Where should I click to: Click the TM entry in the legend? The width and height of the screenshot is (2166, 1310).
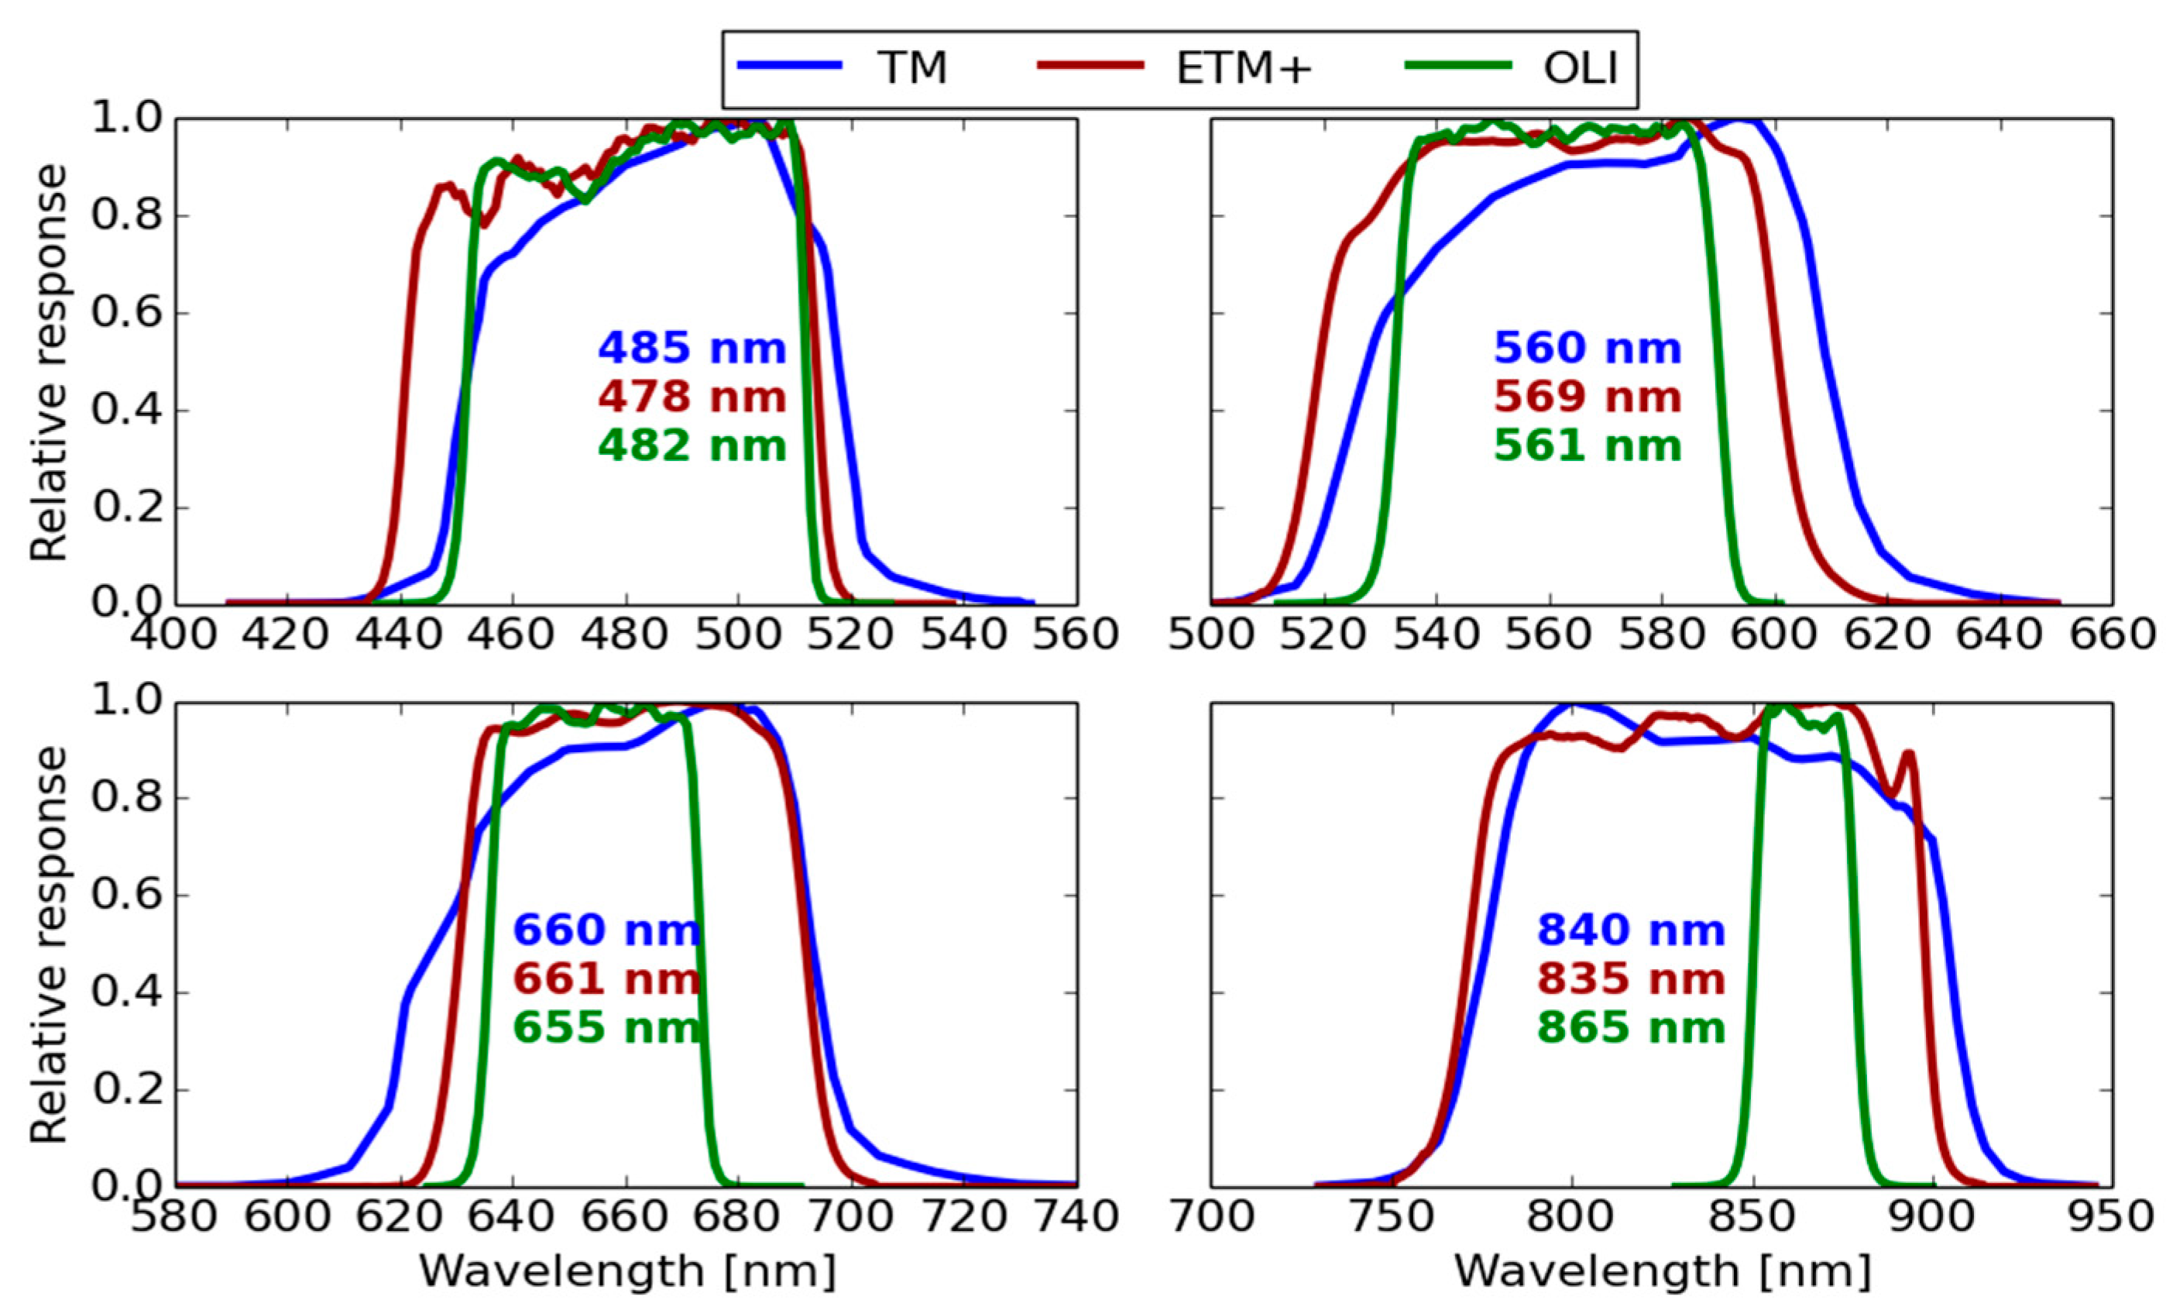click(x=913, y=69)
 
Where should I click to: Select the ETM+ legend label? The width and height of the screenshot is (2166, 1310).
click(x=1244, y=69)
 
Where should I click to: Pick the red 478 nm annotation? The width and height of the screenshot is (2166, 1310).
click(x=692, y=397)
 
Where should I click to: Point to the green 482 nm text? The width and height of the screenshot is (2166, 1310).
click(x=692, y=445)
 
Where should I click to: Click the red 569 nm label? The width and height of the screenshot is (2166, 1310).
click(x=1588, y=397)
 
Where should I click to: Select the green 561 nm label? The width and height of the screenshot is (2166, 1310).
click(x=1588, y=445)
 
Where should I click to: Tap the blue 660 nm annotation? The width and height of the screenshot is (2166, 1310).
click(x=606, y=930)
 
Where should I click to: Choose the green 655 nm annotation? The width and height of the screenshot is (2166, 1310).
click(x=606, y=1027)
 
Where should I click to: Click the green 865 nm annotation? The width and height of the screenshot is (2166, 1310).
click(x=1632, y=1027)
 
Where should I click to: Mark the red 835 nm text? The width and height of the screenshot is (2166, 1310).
click(x=1632, y=978)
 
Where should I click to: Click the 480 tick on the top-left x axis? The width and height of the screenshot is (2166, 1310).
click(x=626, y=634)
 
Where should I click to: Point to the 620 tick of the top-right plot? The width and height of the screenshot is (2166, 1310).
click(x=1887, y=634)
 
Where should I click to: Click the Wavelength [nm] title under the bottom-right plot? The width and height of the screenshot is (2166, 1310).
click(x=1661, y=1271)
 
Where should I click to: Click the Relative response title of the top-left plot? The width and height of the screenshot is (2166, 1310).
click(x=48, y=363)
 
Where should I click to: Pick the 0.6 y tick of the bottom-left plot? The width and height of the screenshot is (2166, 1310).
click(x=119, y=897)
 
